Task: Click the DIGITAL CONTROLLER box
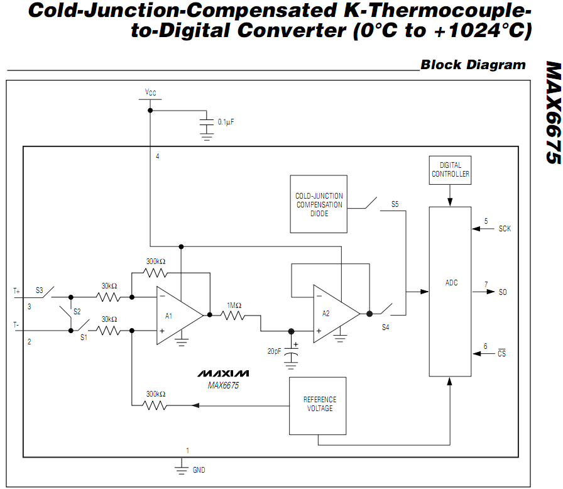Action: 450,170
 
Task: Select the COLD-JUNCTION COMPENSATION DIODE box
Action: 319,204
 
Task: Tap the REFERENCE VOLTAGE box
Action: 318,405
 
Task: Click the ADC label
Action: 451,283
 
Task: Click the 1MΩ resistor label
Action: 234,305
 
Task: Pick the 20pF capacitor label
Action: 274,351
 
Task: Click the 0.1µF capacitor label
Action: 226,122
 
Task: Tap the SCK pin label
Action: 505,229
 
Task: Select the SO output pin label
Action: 503,292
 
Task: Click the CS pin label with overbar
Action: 501,353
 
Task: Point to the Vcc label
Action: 150,92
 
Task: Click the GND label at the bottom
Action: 199,470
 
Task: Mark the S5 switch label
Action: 395,204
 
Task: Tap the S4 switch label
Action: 385,327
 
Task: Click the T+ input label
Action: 16,291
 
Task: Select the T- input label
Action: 16,325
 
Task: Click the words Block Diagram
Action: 473,65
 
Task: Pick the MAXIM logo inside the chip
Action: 223,373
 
